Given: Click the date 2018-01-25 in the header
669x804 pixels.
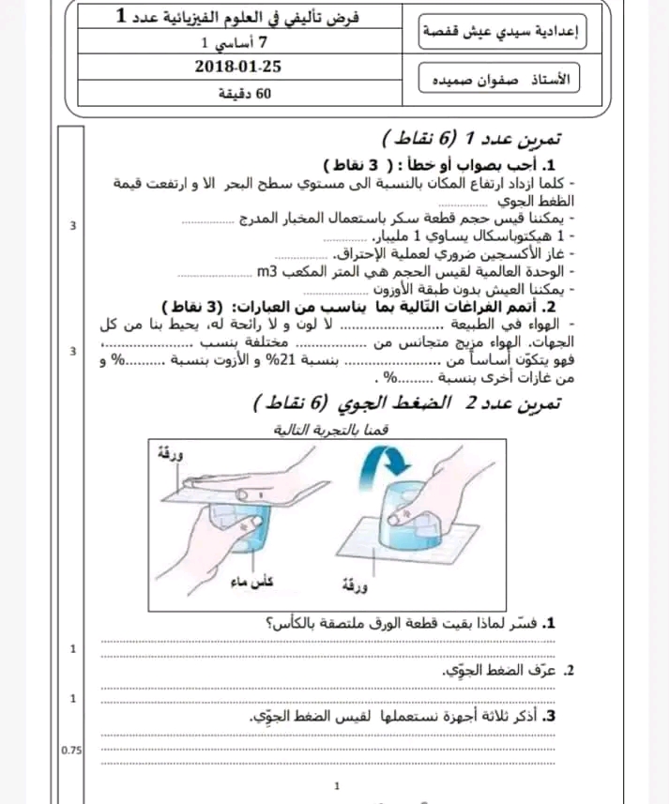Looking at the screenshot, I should click(238, 67).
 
